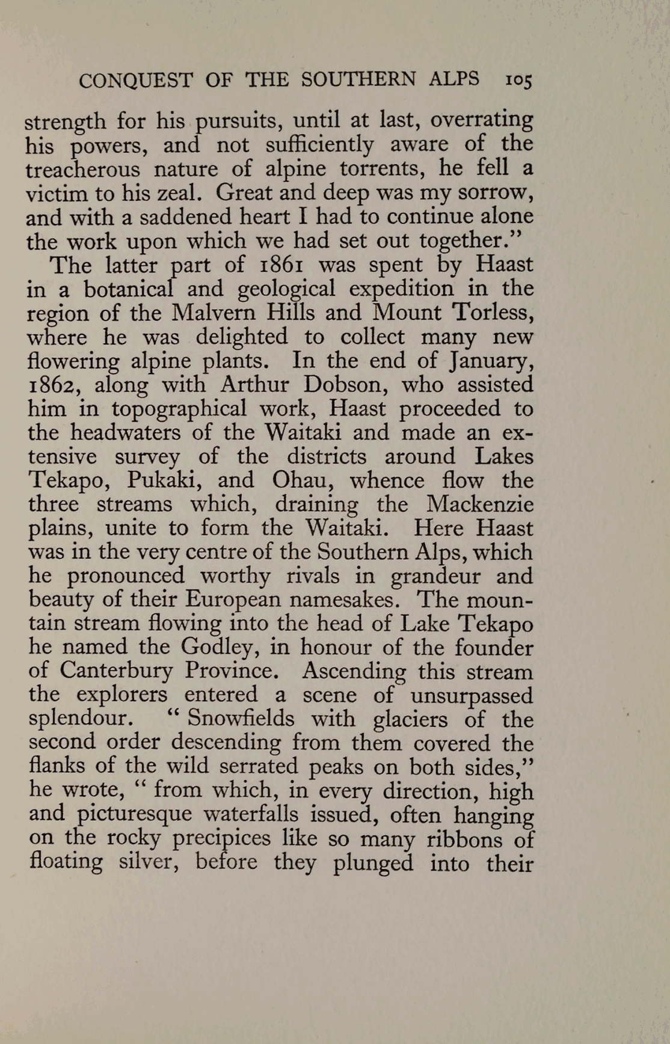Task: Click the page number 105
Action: pyautogui.click(x=519, y=80)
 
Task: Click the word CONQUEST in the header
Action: pyautogui.click(x=135, y=80)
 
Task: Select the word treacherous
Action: pyautogui.click(x=82, y=169)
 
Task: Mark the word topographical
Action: pyautogui.click(x=179, y=409)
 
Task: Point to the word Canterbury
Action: pyautogui.click(x=115, y=671)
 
